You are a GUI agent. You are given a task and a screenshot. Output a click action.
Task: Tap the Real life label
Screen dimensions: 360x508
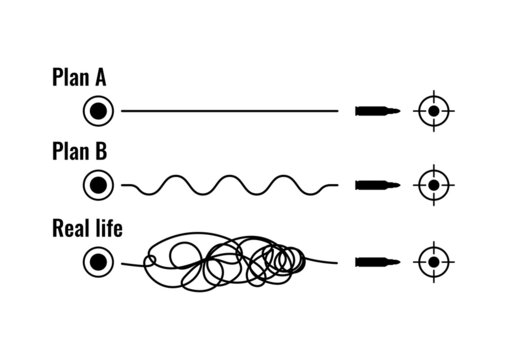click(x=87, y=228)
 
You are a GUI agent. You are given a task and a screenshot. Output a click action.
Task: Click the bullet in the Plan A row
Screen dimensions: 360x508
click(x=377, y=110)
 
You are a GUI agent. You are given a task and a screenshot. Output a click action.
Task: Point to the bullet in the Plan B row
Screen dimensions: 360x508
click(x=377, y=185)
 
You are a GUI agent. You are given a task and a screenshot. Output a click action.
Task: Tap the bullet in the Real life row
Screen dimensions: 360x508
click(x=377, y=262)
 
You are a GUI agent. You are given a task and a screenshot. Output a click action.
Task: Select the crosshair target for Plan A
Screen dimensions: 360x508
click(x=433, y=110)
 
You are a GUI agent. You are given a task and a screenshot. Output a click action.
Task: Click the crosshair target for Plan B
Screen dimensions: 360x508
click(x=433, y=185)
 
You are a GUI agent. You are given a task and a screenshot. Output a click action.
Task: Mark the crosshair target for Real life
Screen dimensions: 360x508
click(x=433, y=262)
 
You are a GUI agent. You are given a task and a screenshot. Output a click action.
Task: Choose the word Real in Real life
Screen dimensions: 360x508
click(x=69, y=228)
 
